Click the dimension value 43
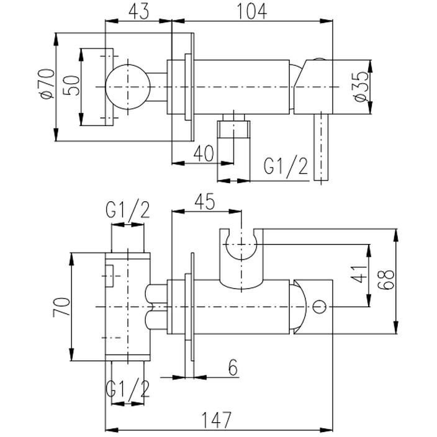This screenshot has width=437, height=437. coord(139,12)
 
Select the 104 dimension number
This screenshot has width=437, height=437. coord(251,12)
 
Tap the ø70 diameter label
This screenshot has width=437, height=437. coord(47,84)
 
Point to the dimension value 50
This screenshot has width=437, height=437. coord(71,86)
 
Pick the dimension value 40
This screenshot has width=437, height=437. coord(204,153)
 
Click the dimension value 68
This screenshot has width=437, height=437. coord(386,279)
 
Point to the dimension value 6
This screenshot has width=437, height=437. coord(233,367)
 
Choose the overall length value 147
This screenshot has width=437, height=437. coord(217,420)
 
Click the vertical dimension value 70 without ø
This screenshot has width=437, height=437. coord(61,307)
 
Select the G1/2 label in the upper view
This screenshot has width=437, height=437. coord(286,166)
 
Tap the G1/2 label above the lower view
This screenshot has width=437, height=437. coord(128,210)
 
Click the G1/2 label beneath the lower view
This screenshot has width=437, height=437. coord(128,388)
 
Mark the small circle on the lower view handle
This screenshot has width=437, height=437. coord(320,307)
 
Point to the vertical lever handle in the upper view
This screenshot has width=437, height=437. coord(321,147)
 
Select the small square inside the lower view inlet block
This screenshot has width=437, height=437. coord(109,276)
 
